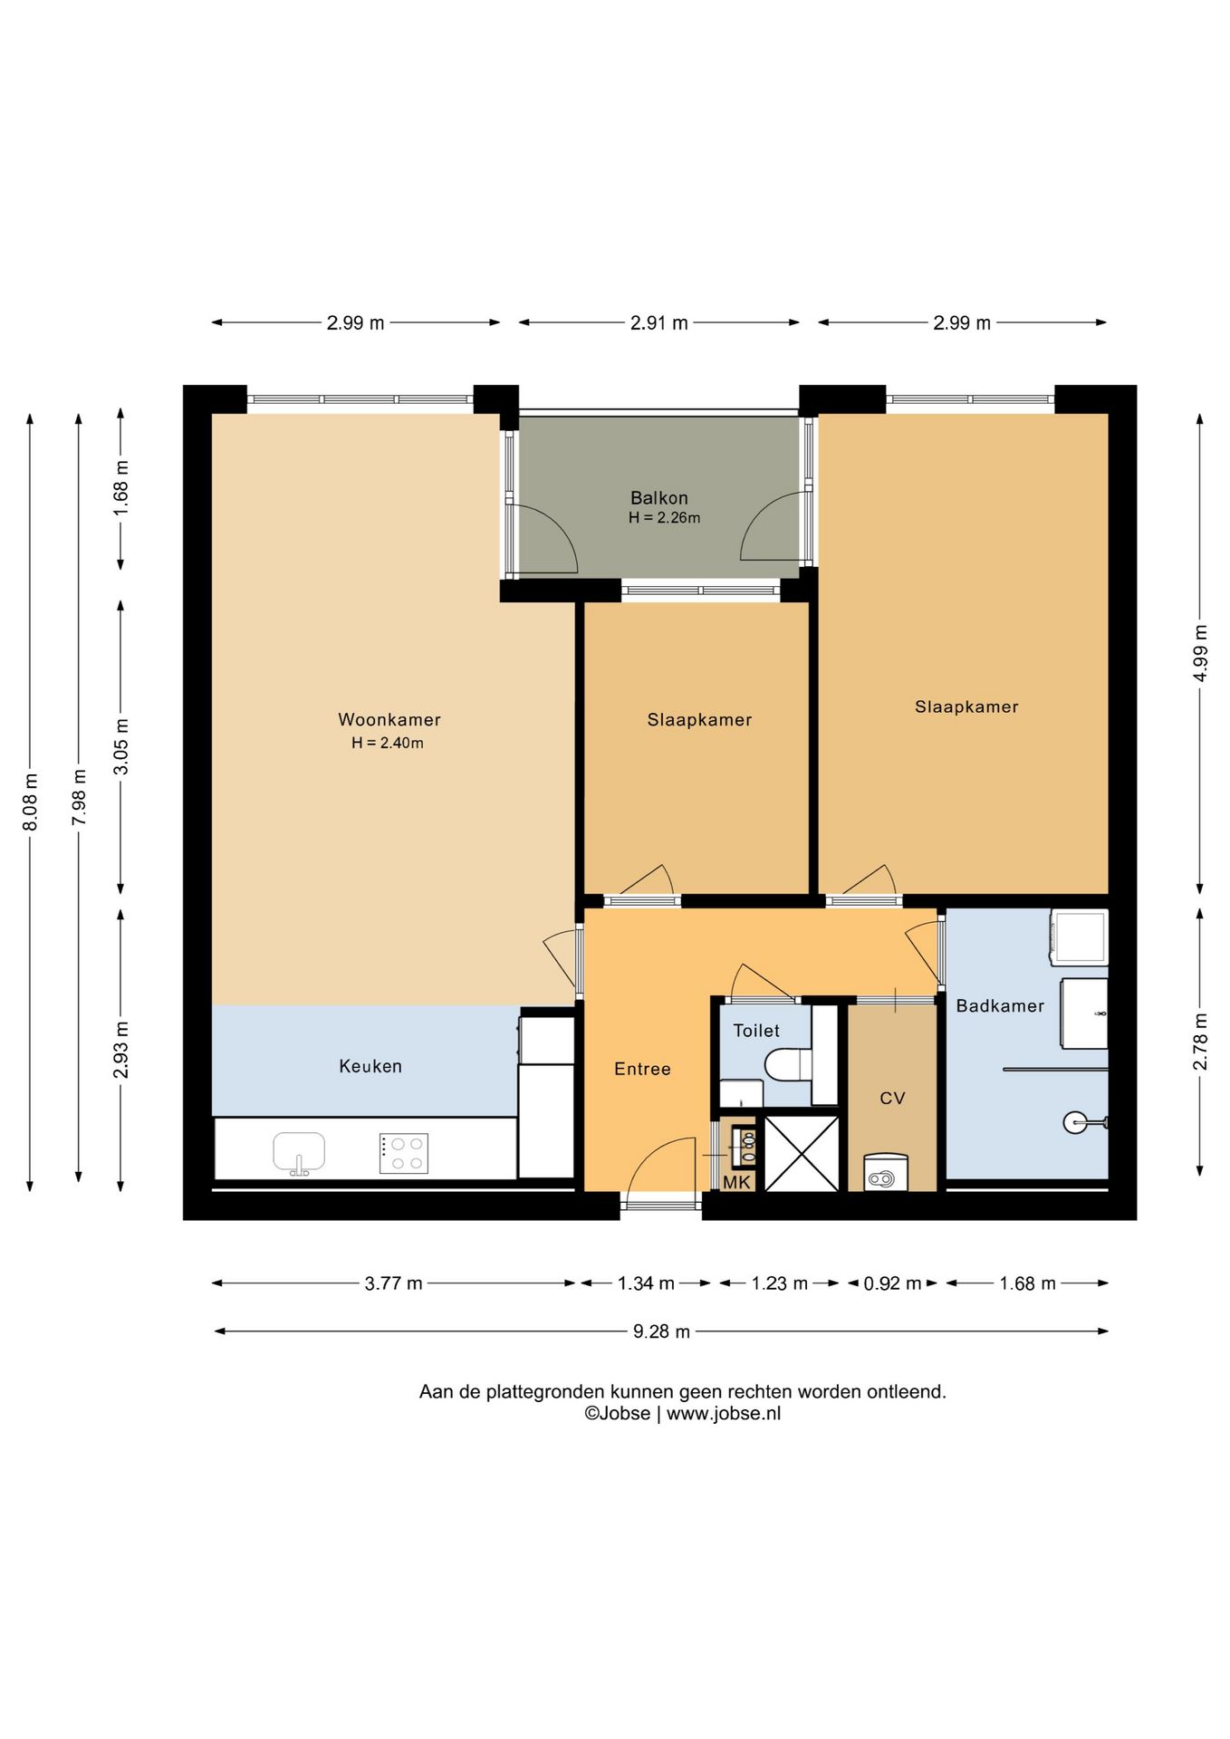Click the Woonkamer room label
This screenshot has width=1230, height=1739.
coord(389,720)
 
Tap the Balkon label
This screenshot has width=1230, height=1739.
coord(659,498)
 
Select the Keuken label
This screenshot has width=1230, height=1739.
coord(370,1066)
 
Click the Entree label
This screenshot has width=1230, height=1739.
coord(642,1069)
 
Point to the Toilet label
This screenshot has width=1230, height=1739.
coord(756,1031)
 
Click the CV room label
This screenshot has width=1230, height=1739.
coord(892,1099)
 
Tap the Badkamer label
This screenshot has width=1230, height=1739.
coord(1000,1005)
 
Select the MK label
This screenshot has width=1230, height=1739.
coord(736,1182)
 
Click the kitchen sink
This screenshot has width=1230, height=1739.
coord(299,1153)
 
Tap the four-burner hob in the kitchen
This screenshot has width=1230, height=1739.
coord(404,1154)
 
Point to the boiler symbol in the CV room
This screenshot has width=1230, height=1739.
coord(885,1171)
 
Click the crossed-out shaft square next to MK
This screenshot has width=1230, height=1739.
coord(802,1153)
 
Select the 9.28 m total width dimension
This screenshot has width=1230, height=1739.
coord(661,1331)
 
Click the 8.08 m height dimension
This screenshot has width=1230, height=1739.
coord(30,802)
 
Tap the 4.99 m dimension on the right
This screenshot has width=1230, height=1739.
coord(1200,653)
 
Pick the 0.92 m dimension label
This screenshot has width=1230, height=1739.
coord(892,1283)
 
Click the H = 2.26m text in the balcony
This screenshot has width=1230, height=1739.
coord(665,518)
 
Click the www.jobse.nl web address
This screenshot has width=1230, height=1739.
coord(724,1414)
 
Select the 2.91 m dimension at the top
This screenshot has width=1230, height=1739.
coord(659,322)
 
